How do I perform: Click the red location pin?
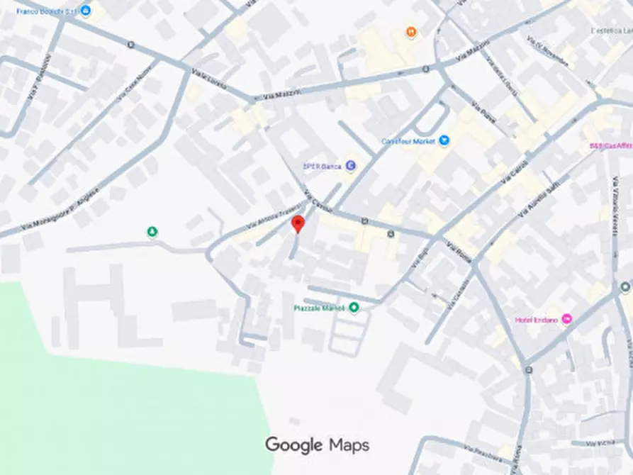(x=298, y=224)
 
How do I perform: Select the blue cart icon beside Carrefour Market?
(x=444, y=140)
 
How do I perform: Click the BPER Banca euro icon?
(x=350, y=166)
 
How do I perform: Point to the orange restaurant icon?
(x=411, y=32)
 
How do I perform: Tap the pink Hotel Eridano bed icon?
(x=566, y=319)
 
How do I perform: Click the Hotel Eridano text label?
(x=537, y=320)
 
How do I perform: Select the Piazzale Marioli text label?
(x=318, y=308)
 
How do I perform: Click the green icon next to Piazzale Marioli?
(x=354, y=307)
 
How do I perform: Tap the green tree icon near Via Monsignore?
(x=152, y=232)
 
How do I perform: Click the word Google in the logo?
(x=293, y=445)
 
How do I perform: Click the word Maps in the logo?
(x=349, y=445)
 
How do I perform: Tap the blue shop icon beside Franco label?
(x=86, y=11)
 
